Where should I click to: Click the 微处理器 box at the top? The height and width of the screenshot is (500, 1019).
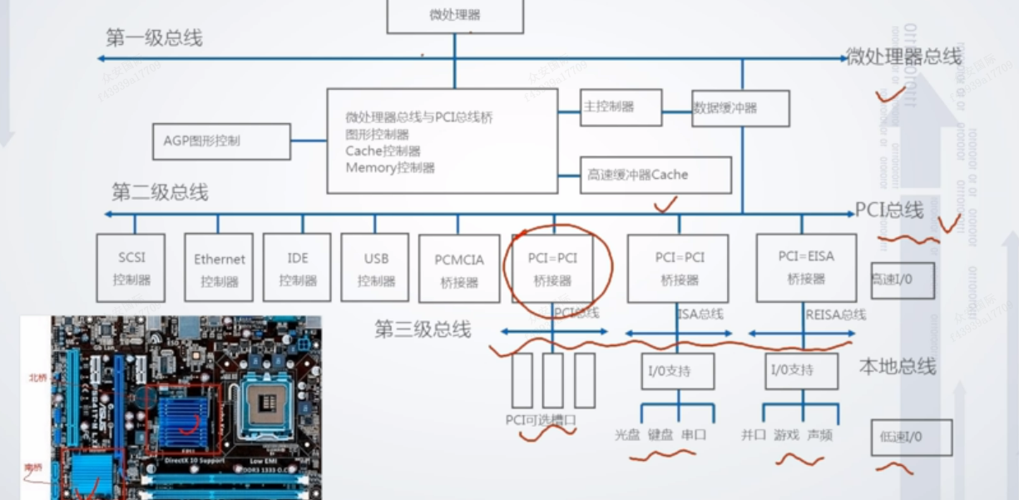tap(455, 16)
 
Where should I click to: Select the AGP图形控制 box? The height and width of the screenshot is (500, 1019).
tap(221, 141)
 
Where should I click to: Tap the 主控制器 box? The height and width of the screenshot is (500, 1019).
tap(621, 107)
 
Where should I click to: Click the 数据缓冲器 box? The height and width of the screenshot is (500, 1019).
tap(740, 108)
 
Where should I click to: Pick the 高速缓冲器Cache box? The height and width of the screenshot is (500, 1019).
tap(655, 175)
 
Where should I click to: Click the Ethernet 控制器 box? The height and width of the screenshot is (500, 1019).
tap(219, 267)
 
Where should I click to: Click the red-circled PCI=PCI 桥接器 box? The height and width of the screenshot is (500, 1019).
tap(552, 268)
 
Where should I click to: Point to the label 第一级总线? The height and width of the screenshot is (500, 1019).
tap(154, 38)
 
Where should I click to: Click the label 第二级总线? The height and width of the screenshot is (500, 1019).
tap(160, 193)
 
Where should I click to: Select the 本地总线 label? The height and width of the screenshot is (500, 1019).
tap(898, 366)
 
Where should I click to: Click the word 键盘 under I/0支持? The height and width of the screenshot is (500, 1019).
tap(660, 434)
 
